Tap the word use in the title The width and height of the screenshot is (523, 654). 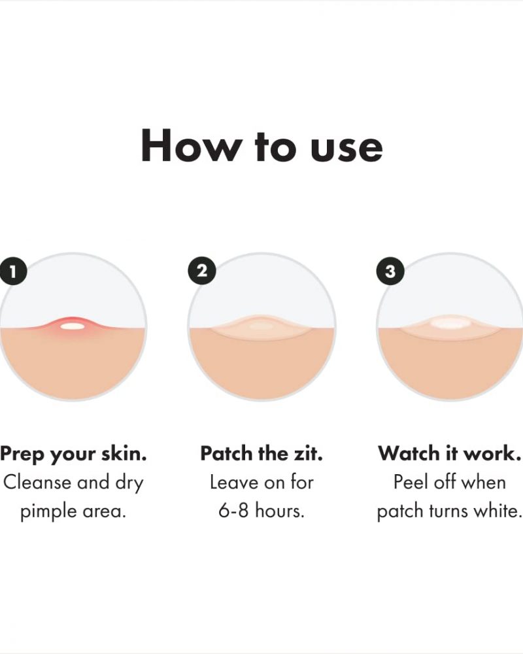[346, 149]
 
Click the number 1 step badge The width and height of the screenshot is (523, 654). [13, 272]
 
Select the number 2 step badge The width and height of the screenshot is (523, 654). [202, 271]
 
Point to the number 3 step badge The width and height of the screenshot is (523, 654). [390, 271]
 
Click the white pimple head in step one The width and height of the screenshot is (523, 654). [72, 326]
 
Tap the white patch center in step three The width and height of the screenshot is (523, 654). [448, 323]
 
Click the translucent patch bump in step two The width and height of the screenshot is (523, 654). [260, 325]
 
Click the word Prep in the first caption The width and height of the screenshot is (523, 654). [22, 455]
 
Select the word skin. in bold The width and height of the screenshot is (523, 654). [124, 453]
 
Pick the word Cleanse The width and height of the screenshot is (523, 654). [37, 483]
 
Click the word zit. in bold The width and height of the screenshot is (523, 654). [309, 453]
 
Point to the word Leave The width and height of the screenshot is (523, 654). [235, 483]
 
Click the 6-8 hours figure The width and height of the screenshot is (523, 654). [261, 511]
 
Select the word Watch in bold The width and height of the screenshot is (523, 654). [409, 453]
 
